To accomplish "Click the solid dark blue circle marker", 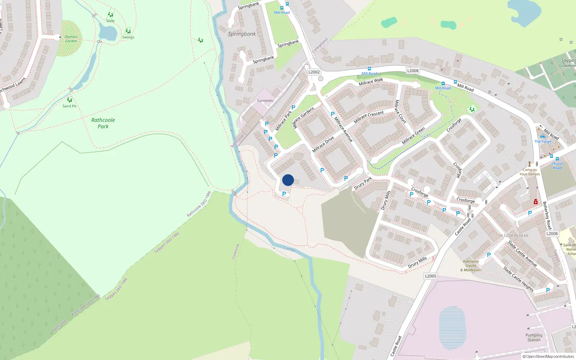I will point(288,180).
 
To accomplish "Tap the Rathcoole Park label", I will point(103,123).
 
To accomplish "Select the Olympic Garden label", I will point(71,39).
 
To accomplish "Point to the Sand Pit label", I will point(69,106).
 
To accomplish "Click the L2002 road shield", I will point(314,72).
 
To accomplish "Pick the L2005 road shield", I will point(431,276).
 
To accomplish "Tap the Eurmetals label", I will point(265,101).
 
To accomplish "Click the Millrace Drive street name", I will point(323,144).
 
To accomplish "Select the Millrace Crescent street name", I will point(369,117).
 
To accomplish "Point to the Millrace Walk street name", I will point(371,82).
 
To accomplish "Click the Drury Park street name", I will point(363,184).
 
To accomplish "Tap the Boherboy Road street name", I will point(547,215).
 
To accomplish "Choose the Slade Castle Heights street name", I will point(518,279).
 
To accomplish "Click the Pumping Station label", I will point(534,337).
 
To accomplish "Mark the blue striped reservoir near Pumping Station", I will point(453,328).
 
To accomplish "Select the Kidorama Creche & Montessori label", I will point(472,266).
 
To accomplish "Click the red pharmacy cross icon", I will point(536,202).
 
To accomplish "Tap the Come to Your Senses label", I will point(530,172).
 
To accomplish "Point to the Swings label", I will point(128,37).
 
